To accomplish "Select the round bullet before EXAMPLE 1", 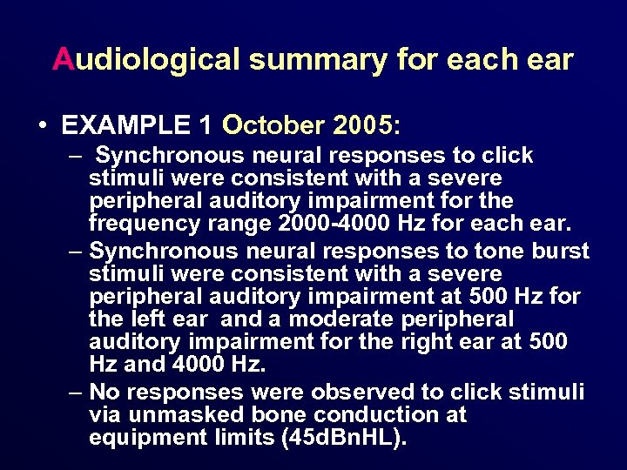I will coord(43,125).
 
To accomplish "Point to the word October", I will coord(273,125).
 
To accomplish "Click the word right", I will coord(428,342).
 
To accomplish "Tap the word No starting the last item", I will coord(105,392).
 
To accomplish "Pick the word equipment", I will coord(147,438).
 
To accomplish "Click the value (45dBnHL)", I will coord(344,438).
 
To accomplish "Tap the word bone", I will coord(275,414).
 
